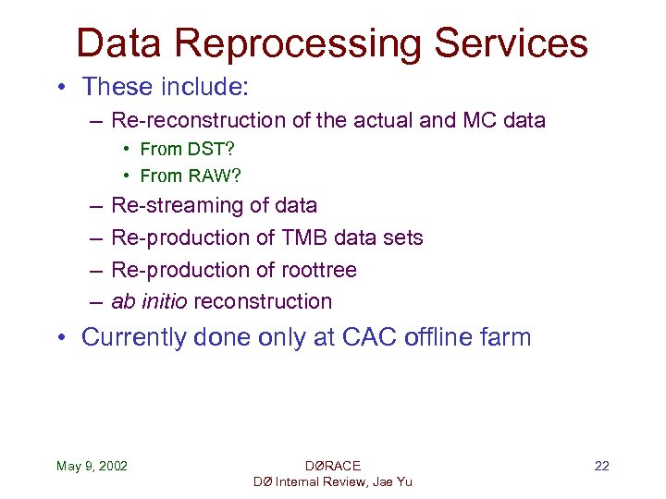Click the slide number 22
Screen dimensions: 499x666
pyautogui.click(x=601, y=466)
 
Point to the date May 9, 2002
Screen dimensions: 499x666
pyautogui.click(x=92, y=466)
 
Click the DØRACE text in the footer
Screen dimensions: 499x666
pyautogui.click(x=332, y=466)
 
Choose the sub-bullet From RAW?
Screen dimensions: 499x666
pyautogui.click(x=190, y=175)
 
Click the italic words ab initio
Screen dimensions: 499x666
pyautogui.click(x=149, y=301)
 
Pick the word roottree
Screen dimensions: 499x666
pyautogui.click(x=319, y=270)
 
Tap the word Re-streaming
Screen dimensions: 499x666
pyautogui.click(x=167, y=205)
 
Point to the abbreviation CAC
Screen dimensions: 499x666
pyautogui.click(x=368, y=337)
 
